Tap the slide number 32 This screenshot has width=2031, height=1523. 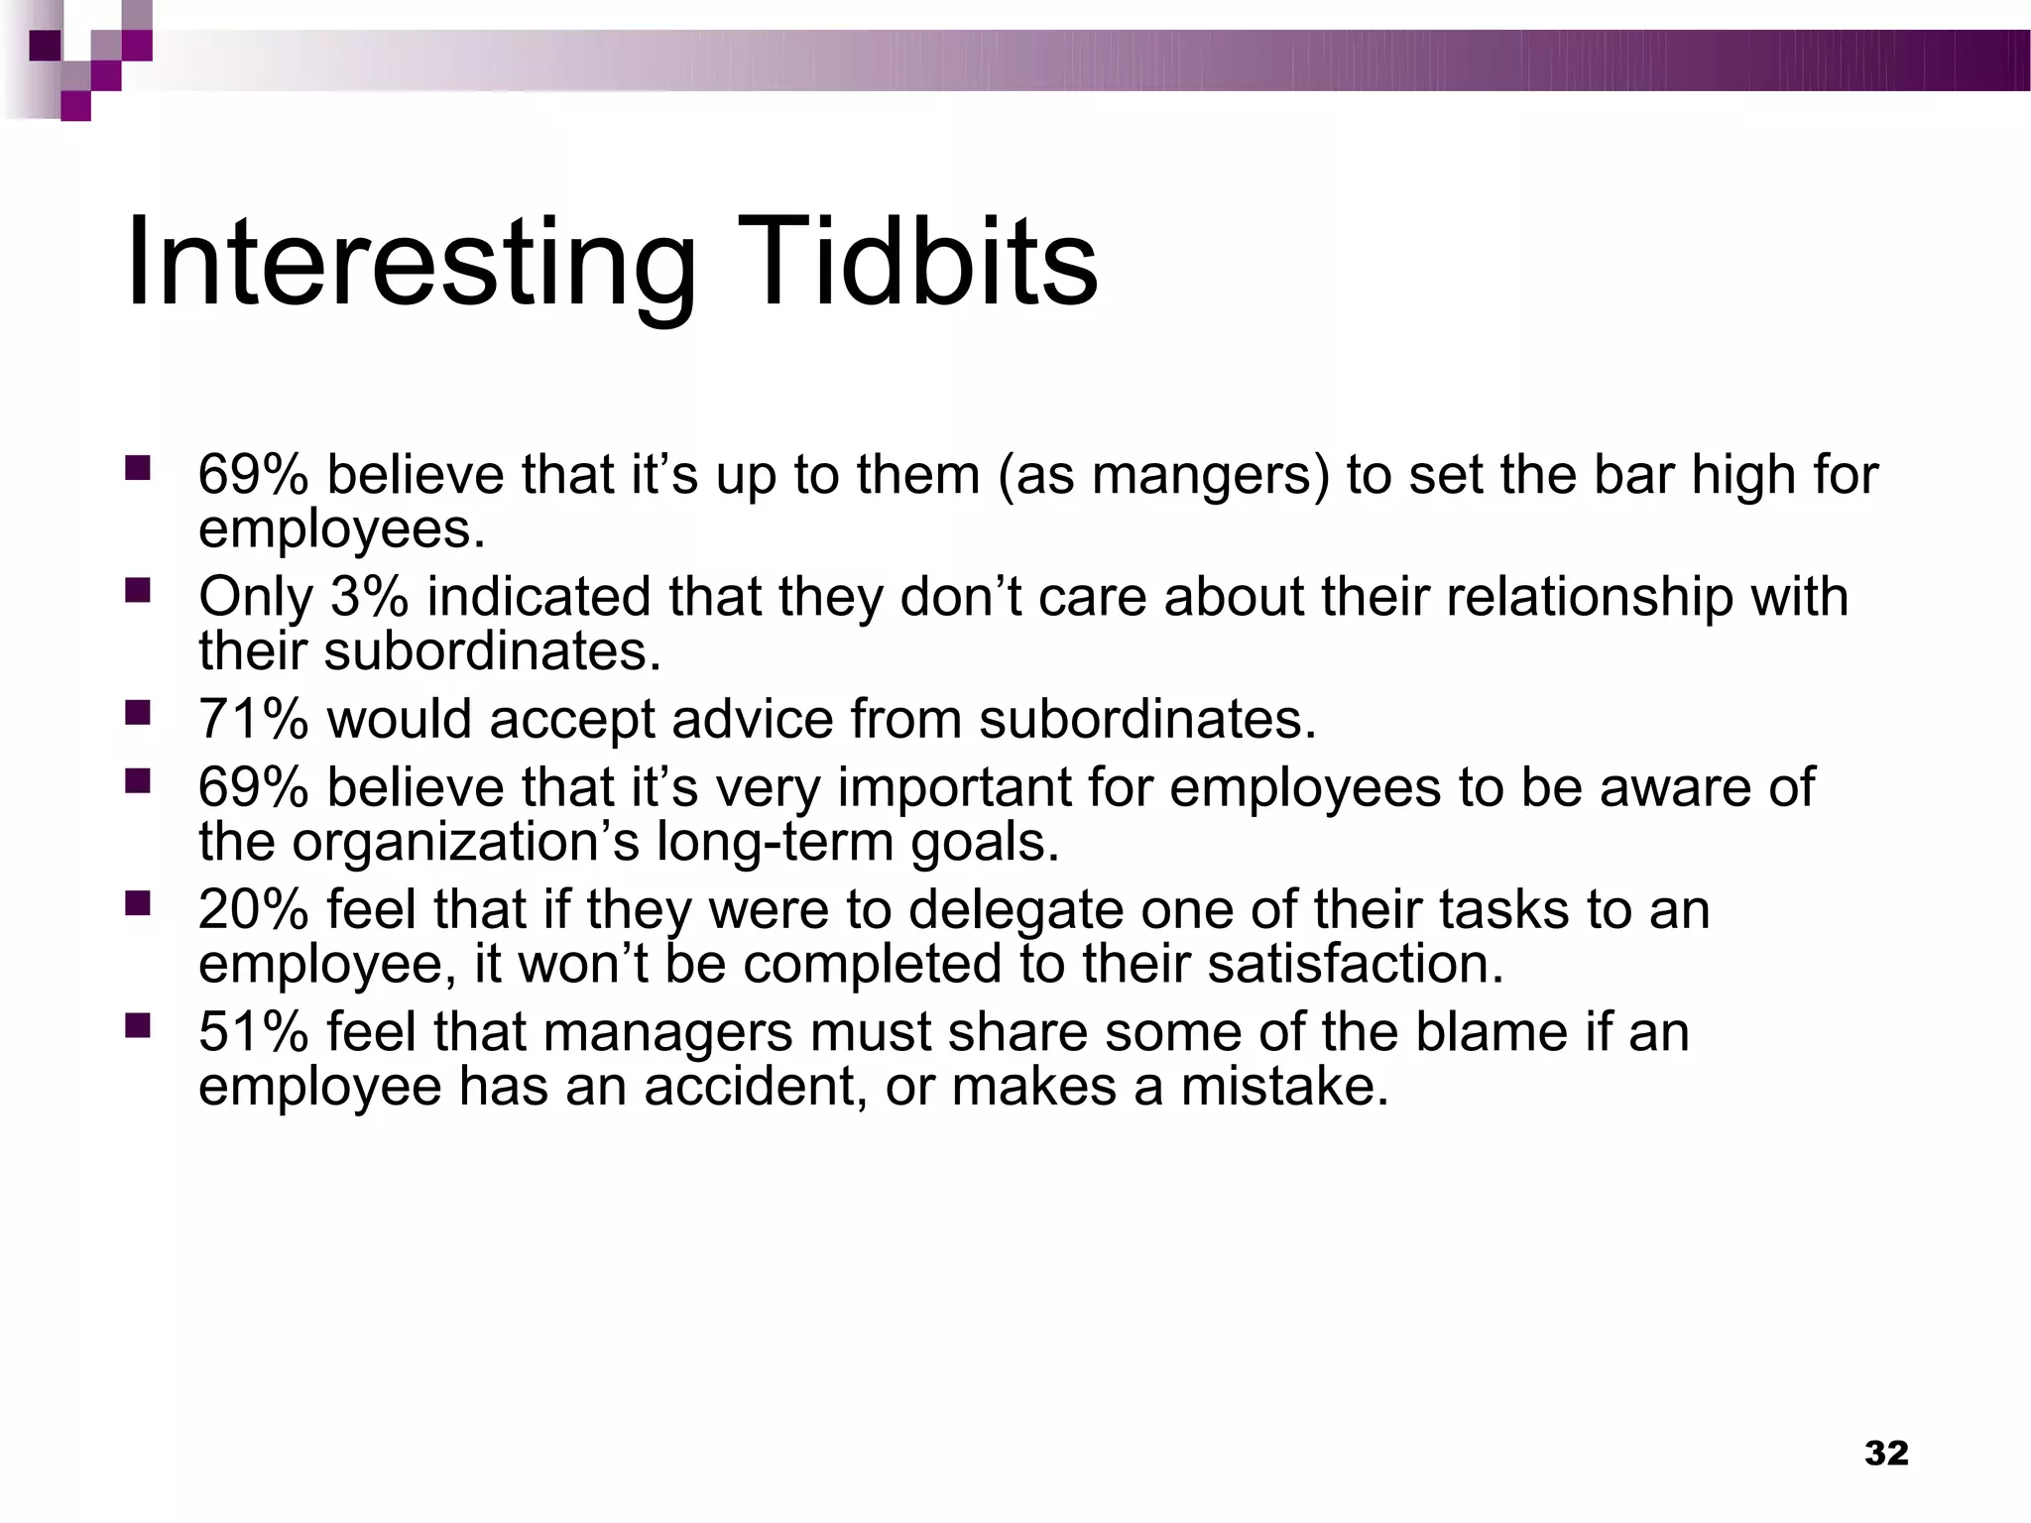point(1886,1453)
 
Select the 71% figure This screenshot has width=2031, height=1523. point(253,719)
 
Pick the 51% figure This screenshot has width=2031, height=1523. point(253,1031)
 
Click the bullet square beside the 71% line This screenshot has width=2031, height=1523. point(137,711)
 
